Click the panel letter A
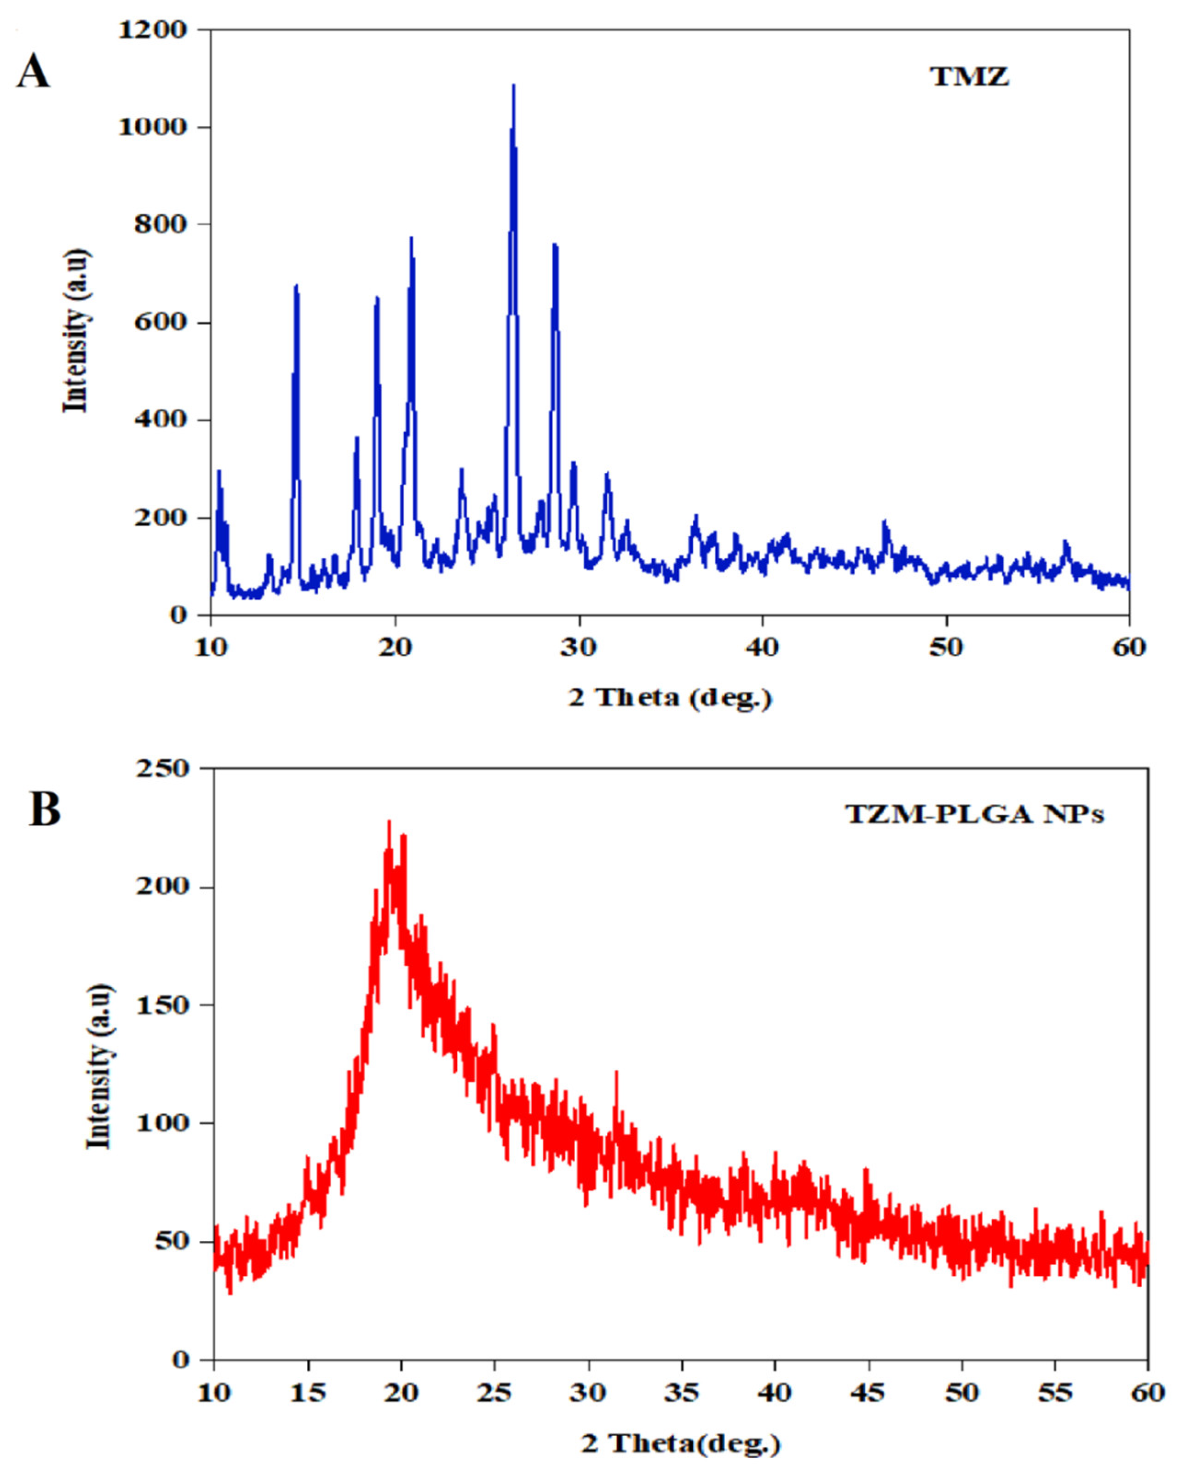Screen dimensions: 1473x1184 coord(33,72)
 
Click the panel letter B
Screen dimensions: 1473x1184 coord(45,809)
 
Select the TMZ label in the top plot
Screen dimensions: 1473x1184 coord(970,76)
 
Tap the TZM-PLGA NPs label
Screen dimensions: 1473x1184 coord(975,814)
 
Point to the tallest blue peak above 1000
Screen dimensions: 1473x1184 coord(513,86)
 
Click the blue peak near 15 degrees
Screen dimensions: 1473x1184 coord(296,287)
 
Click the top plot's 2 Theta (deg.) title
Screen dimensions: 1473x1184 coord(670,698)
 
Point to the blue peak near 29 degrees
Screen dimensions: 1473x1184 coord(555,246)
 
